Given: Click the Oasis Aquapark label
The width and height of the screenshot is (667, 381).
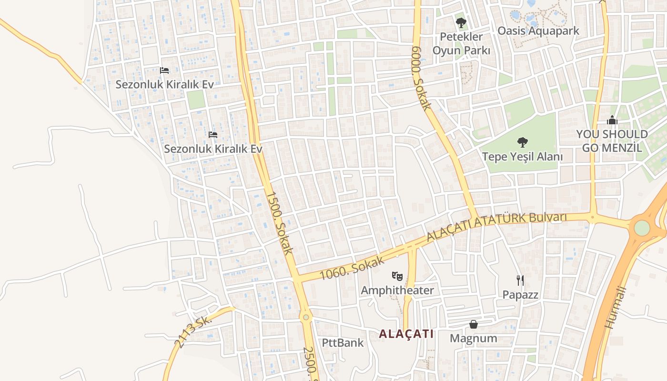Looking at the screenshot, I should (538, 31).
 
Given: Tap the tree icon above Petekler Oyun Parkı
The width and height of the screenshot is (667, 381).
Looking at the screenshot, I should (461, 22).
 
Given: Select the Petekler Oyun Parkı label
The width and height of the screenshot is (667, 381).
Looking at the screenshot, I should (461, 43).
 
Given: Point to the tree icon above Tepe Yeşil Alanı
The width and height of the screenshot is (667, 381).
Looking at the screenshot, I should (523, 142).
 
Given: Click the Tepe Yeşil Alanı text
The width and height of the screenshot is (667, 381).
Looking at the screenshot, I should (523, 157).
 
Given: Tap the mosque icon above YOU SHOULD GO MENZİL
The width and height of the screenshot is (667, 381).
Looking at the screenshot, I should (612, 120).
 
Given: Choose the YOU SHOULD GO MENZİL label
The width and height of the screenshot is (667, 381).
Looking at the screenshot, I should (612, 141).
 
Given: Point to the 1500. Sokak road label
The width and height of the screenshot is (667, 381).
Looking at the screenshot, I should (279, 222).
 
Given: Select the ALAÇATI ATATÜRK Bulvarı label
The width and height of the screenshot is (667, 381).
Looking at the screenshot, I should (496, 226).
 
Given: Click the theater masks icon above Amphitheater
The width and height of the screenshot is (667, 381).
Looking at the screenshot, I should (397, 275).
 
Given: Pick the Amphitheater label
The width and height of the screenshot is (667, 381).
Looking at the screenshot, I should (397, 291).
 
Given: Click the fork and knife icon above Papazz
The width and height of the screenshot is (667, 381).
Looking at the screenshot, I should (520, 280).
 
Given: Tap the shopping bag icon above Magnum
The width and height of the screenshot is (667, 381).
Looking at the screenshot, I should (474, 324).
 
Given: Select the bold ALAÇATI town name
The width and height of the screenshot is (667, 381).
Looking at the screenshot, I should (406, 334).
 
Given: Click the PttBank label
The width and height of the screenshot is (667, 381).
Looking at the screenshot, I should (343, 343).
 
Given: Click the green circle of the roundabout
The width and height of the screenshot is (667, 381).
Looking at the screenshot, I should (642, 228).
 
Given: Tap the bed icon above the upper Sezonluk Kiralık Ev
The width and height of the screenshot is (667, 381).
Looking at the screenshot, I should (164, 70).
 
